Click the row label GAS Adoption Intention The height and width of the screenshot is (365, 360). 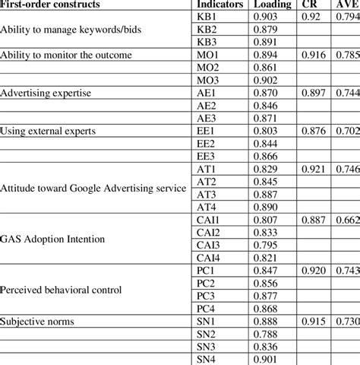pos(52,238)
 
